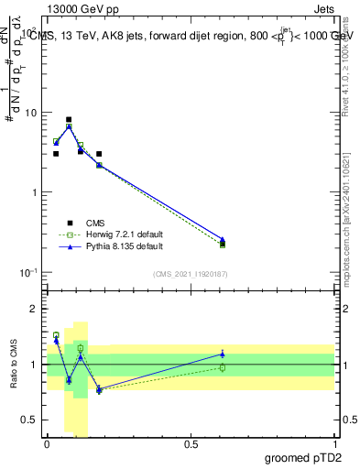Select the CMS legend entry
(x=95, y=223)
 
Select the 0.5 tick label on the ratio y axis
(x=29, y=420)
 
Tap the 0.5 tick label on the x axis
(x=191, y=443)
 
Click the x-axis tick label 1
(x=334, y=443)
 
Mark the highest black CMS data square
(x=69, y=119)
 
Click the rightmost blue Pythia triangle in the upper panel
(x=223, y=239)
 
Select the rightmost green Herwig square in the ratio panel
(x=223, y=367)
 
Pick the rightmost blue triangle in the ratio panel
(x=223, y=354)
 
